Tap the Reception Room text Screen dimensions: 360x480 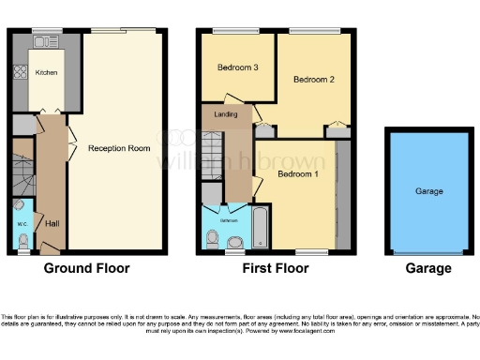[x=119, y=148]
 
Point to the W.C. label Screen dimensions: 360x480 [x=22, y=224]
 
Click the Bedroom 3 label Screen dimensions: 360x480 [x=237, y=67]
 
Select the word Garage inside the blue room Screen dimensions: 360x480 [x=428, y=190]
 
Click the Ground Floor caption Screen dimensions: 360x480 [x=87, y=268]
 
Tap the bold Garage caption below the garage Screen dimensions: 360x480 [x=427, y=268]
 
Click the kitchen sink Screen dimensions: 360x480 [x=43, y=43]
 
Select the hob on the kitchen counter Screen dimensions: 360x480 [x=16, y=74]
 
